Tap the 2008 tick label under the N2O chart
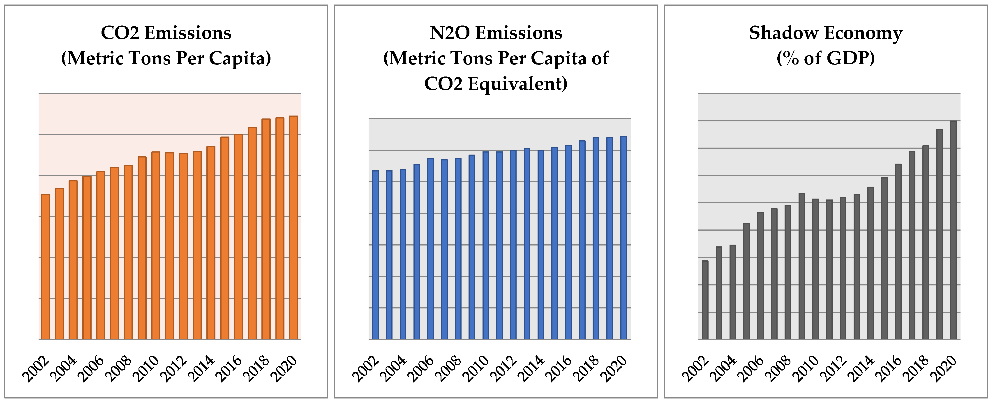tap(449, 368)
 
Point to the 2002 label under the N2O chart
tap(366, 368)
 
